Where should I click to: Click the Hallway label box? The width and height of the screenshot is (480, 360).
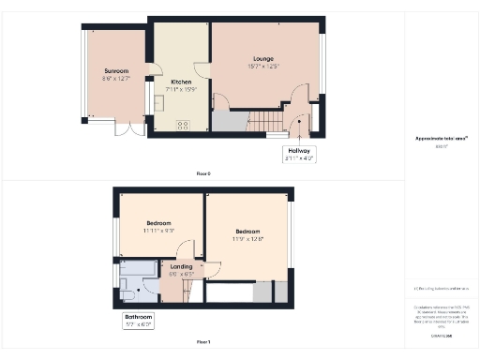click(299, 154)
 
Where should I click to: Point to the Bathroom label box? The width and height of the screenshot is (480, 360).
click(139, 321)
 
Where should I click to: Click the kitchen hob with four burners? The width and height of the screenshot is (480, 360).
click(182, 125)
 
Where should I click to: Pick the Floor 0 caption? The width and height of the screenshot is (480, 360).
click(203, 174)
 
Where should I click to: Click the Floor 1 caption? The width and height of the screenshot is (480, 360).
click(203, 342)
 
